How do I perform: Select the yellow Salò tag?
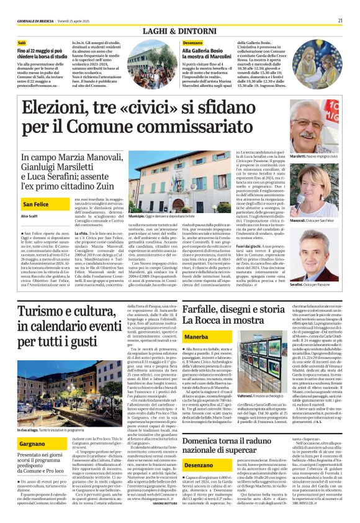coord(23,42)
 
